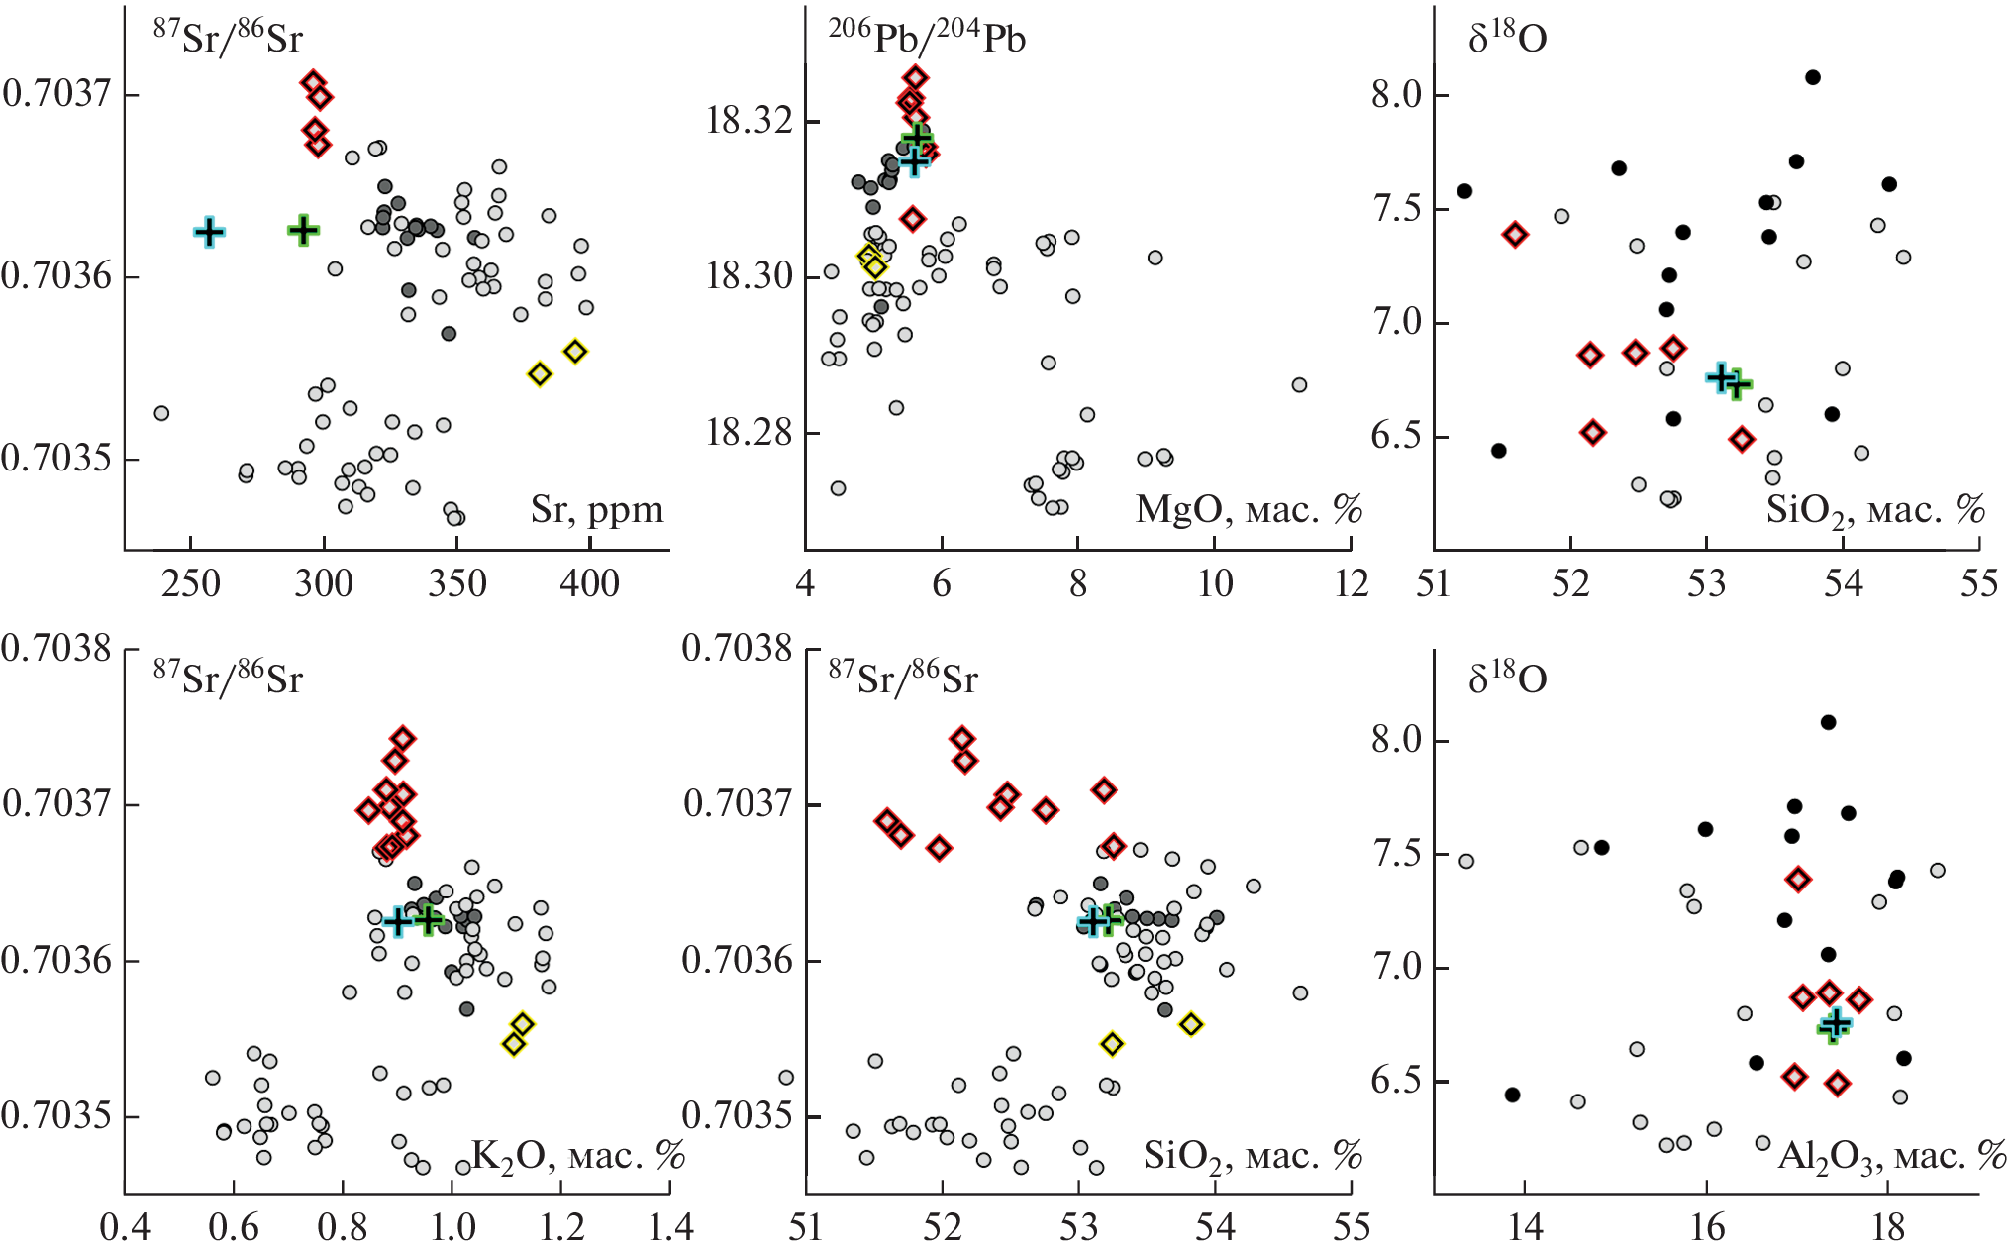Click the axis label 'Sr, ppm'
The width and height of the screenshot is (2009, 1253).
[x=597, y=510]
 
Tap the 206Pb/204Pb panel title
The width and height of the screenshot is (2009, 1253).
[x=926, y=38]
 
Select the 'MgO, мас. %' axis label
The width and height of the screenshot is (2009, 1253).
[x=1248, y=510]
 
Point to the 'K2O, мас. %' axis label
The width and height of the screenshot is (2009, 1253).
[x=577, y=1155]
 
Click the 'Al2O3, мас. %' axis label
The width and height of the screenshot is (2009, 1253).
[x=1891, y=1156]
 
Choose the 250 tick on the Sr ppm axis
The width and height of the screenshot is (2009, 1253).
[x=191, y=583]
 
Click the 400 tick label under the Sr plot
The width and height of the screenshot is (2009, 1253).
[x=590, y=583]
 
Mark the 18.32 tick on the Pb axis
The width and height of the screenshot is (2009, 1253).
[x=751, y=121]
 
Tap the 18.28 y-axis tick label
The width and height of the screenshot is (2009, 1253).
[x=751, y=433]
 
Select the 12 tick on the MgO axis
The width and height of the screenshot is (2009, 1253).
[x=1351, y=583]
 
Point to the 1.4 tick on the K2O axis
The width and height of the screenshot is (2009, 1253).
[x=670, y=1228]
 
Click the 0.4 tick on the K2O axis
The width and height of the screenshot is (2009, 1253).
[x=125, y=1228]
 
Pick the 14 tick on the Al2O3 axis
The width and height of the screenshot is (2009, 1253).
[x=1525, y=1228]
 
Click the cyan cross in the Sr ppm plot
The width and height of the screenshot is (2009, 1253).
[x=208, y=232]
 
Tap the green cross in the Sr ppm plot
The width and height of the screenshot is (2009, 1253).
[x=303, y=230]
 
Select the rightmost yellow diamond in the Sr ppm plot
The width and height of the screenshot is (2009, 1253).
[x=575, y=351]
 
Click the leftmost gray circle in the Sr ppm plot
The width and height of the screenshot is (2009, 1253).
[x=161, y=413]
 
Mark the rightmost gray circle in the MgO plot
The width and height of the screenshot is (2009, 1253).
[x=1299, y=385]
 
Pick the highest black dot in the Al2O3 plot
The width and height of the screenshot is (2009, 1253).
[x=1828, y=722]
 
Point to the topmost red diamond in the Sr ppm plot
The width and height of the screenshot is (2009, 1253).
[x=313, y=82]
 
